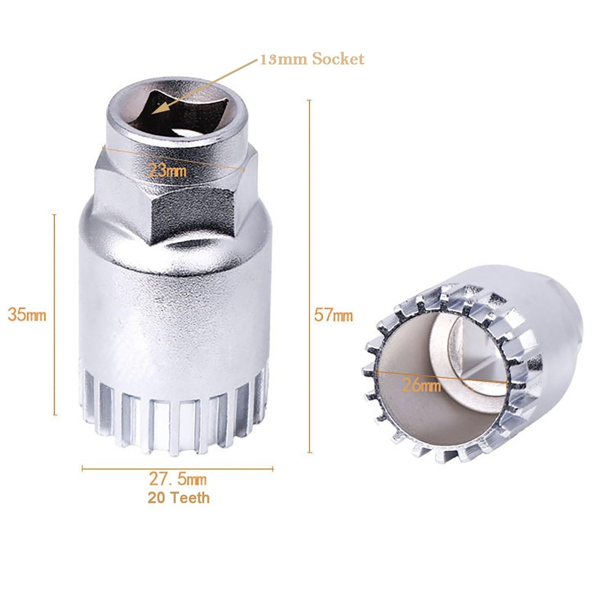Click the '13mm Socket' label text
[x=312, y=59]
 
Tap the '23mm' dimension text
[x=168, y=171]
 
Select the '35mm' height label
[x=27, y=315]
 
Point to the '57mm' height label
[x=333, y=315]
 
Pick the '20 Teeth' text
[x=178, y=497]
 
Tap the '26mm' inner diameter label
[x=421, y=385]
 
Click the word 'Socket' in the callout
[x=338, y=59]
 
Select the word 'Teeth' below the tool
[x=190, y=497]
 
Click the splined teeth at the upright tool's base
[x=177, y=422]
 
